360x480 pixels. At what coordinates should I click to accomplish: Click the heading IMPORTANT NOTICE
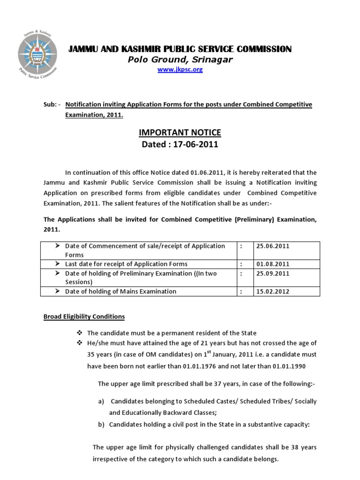tap(180, 133)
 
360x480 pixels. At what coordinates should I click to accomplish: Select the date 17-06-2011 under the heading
tap(195, 144)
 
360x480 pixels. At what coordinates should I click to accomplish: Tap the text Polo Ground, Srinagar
tap(180, 60)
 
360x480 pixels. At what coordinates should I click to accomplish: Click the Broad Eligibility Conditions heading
tap(84, 316)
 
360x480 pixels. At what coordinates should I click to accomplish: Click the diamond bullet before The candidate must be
tap(80, 333)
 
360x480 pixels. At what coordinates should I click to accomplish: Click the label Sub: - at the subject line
tap(52, 104)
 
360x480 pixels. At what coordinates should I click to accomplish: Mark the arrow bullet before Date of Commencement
tap(57, 246)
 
